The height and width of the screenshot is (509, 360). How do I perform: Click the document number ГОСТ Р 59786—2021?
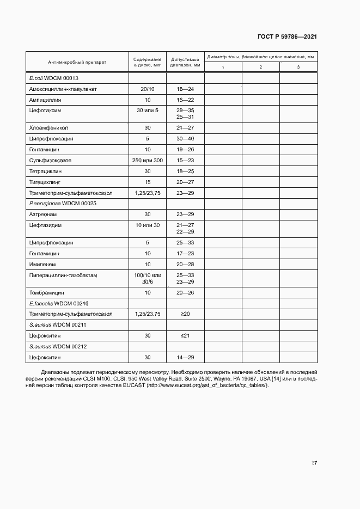click(x=287, y=37)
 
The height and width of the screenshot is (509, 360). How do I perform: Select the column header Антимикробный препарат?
click(x=77, y=62)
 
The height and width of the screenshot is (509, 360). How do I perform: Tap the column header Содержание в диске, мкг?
click(x=147, y=62)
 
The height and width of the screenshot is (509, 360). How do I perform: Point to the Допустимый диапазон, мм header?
click(x=185, y=62)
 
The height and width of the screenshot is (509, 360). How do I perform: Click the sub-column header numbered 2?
click(x=260, y=67)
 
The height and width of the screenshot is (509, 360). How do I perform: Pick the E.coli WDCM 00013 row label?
click(x=54, y=78)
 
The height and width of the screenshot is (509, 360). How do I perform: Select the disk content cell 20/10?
click(x=147, y=89)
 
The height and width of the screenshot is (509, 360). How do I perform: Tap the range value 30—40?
click(x=185, y=138)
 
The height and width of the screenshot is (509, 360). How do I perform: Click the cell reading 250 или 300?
click(x=147, y=160)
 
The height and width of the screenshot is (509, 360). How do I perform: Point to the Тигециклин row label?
click(x=47, y=182)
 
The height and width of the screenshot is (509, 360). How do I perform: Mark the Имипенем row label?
click(x=44, y=264)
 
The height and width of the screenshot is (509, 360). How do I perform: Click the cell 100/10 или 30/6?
click(x=147, y=278)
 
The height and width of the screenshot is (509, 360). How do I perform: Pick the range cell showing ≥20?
click(x=185, y=314)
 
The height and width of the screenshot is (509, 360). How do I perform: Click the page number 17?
click(x=314, y=463)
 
